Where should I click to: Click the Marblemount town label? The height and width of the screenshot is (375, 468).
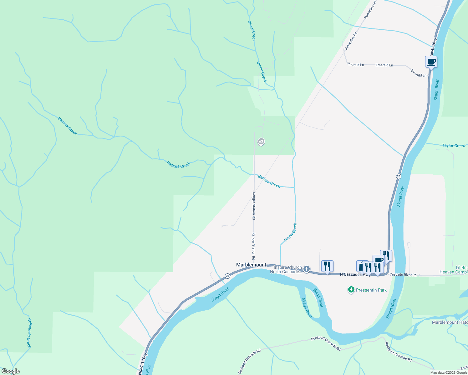coord(251,265)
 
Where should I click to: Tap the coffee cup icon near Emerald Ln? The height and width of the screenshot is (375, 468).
coord(431,62)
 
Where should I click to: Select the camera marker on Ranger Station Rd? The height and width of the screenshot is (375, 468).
coord(261,142)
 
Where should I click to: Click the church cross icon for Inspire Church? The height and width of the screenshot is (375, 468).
coord(307,269)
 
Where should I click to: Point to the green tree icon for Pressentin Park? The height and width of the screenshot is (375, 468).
coord(351,290)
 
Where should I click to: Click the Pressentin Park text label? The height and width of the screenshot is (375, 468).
coord(371,290)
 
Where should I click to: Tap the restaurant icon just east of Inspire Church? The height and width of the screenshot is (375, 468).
coord(327,266)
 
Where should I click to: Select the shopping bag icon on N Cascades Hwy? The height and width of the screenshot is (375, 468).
coord(361,267)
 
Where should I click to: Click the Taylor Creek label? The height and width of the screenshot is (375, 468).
coord(453,146)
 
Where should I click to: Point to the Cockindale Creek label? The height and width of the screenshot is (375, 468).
coord(29,333)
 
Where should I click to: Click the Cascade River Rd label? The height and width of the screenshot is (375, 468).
coord(403,275)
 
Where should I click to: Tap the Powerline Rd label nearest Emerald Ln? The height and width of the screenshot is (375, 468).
coord(351,41)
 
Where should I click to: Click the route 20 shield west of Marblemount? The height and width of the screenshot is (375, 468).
coord(227,276)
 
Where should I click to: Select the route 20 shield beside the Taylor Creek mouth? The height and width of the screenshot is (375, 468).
coord(398,176)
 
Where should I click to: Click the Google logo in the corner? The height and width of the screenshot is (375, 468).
coord(10,371)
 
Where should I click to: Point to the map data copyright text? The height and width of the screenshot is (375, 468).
coord(449,372)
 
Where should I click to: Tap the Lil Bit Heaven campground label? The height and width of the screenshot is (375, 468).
coord(453,270)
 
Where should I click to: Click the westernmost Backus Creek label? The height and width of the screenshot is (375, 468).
coord(67,126)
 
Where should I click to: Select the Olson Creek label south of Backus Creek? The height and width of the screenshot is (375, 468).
coord(290,232)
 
